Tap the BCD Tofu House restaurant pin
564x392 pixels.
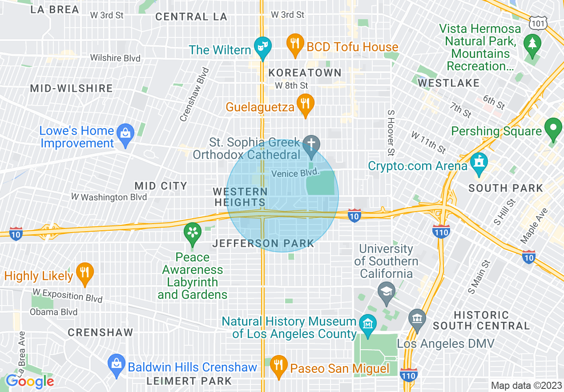tap(294, 44)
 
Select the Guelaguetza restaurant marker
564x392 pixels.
tap(305, 104)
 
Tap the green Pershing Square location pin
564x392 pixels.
tap(553, 128)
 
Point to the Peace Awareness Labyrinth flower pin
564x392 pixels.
tap(193, 233)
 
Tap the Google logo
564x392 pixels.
tap(30, 381)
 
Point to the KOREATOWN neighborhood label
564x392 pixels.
tap(305, 73)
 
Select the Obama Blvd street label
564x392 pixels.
tap(54, 312)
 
